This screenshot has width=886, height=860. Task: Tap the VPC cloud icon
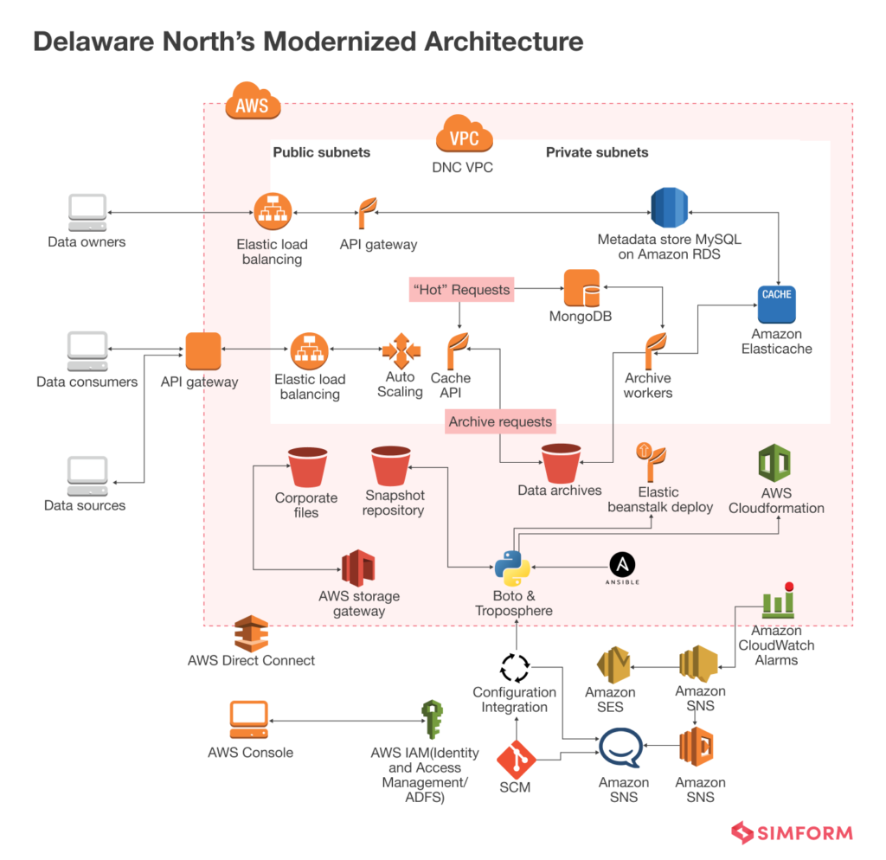[x=465, y=137]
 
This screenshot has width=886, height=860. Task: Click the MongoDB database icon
[x=581, y=288]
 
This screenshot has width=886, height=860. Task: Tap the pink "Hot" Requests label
[x=461, y=290]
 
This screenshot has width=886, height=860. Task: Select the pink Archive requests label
[x=500, y=422]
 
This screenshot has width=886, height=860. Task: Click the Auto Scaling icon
[x=401, y=351]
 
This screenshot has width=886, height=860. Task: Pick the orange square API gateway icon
[x=203, y=350]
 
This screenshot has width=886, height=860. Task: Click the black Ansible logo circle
[x=623, y=565]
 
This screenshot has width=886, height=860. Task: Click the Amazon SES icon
[x=616, y=665]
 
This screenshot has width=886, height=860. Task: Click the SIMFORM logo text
[x=805, y=834]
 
